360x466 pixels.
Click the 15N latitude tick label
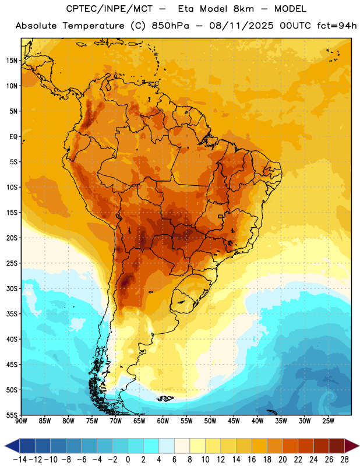[12, 61]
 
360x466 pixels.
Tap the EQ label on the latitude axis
[13, 137]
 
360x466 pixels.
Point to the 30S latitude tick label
[12, 288]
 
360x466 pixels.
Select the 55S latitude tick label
[12, 415]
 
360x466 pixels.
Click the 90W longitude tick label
[21, 421]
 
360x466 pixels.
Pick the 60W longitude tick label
[163, 421]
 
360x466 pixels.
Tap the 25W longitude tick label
[328, 421]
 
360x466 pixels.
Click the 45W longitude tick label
[234, 421]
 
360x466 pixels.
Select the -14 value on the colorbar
[20, 460]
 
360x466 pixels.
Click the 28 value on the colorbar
[344, 460]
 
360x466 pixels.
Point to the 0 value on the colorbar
[128, 460]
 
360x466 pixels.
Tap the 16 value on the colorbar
[252, 460]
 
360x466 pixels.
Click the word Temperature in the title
[93, 26]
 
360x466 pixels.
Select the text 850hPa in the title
[170, 26]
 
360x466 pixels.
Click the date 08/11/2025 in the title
[241, 26]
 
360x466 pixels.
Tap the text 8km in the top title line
[243, 9]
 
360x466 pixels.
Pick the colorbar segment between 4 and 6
[167, 446]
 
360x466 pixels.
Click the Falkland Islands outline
[165, 398]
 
